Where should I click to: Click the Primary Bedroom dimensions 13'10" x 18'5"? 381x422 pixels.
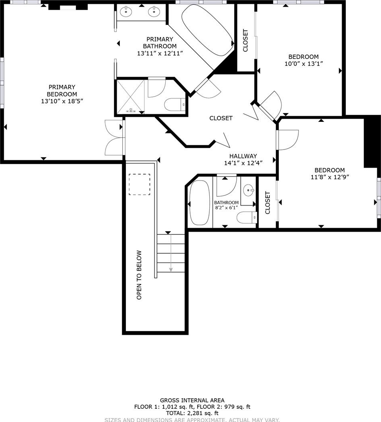[x=62, y=101]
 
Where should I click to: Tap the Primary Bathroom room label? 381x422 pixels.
[x=160, y=42]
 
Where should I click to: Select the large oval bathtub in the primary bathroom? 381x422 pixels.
[x=207, y=30]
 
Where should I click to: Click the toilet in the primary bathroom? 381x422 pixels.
[x=175, y=105]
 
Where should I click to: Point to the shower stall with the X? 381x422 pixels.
[x=131, y=96]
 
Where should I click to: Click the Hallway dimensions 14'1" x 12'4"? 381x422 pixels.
[x=243, y=163]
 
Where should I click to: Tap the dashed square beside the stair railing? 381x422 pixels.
[x=139, y=184]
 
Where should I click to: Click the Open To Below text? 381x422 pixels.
[x=139, y=275]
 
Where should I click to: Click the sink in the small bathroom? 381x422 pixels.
[x=248, y=190]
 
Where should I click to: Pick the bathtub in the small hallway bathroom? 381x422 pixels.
[x=200, y=203]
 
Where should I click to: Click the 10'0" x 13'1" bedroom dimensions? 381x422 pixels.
[x=304, y=64]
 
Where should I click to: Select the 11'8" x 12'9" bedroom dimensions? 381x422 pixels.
[x=330, y=177]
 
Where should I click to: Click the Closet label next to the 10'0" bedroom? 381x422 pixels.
[x=245, y=40]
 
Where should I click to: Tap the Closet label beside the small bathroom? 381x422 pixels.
[x=268, y=203]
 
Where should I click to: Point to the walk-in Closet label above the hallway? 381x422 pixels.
[x=221, y=118]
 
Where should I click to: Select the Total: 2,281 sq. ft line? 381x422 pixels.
[x=192, y=413]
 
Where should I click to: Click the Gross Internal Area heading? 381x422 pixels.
[x=192, y=400]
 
